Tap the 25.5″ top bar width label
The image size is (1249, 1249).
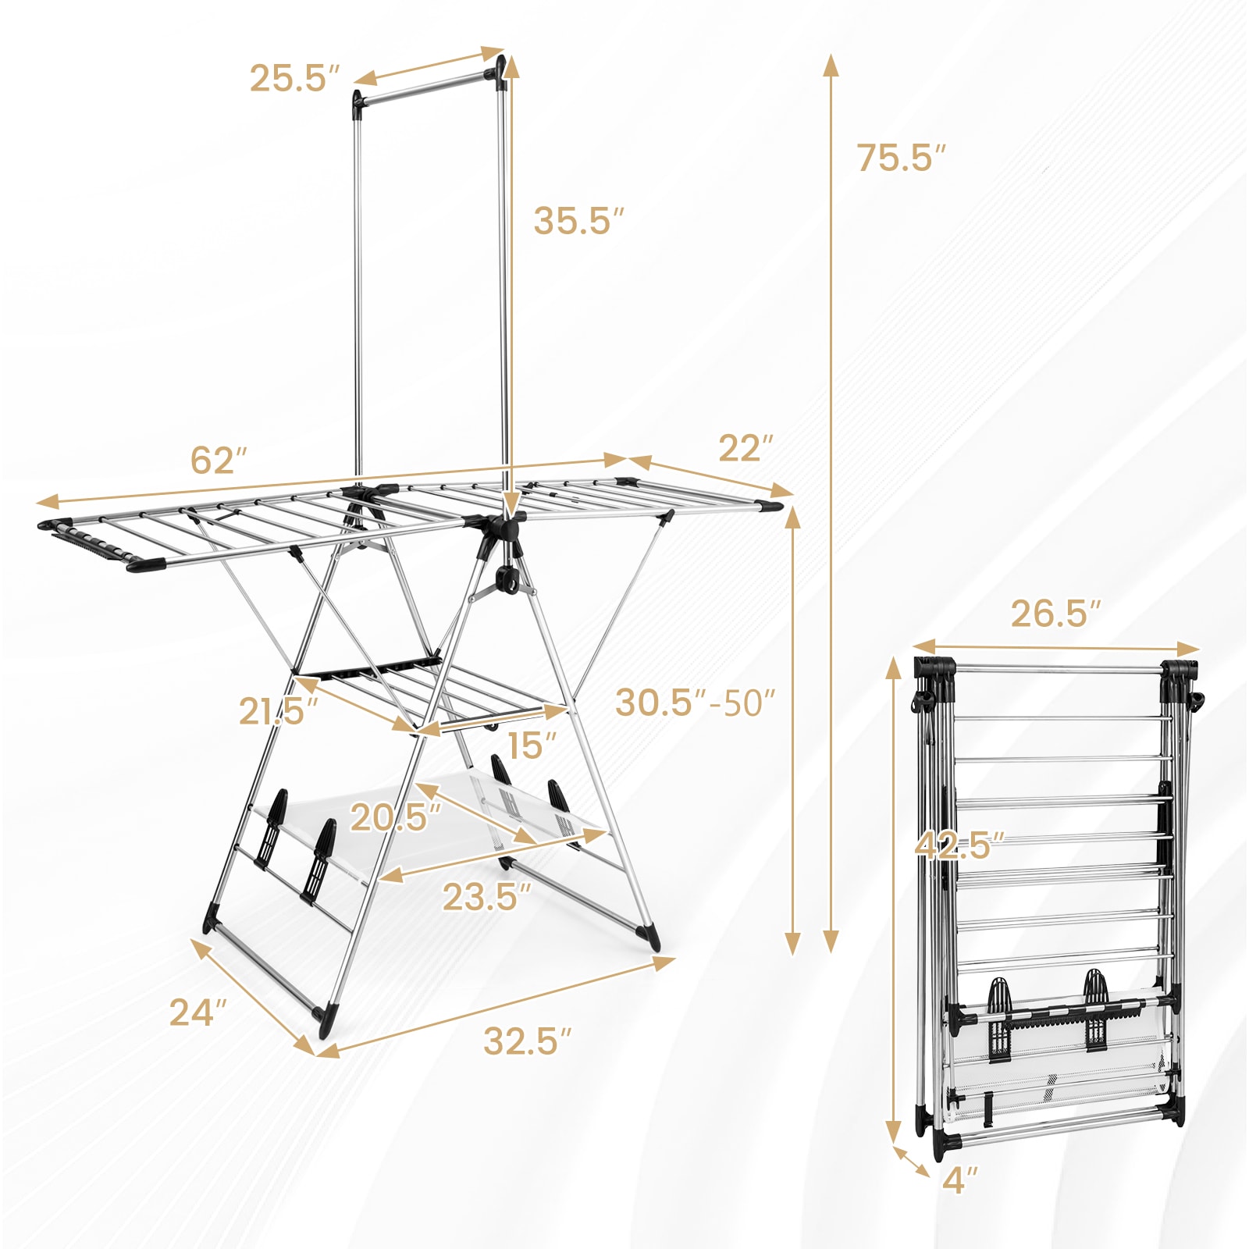click(294, 79)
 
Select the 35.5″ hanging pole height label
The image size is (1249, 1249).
click(578, 221)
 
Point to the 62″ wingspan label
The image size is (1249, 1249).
click(219, 461)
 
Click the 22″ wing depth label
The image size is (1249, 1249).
click(745, 448)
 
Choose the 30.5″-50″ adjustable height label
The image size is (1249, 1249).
click(694, 703)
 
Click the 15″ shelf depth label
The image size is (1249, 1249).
click(532, 746)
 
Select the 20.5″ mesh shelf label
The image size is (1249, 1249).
click(395, 817)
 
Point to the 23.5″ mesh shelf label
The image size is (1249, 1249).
click(486, 897)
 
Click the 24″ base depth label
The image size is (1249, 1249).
click(197, 1013)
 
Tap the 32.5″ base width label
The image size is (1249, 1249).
click(527, 1041)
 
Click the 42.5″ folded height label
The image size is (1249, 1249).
click(959, 845)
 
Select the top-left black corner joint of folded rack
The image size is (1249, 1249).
click(934, 671)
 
